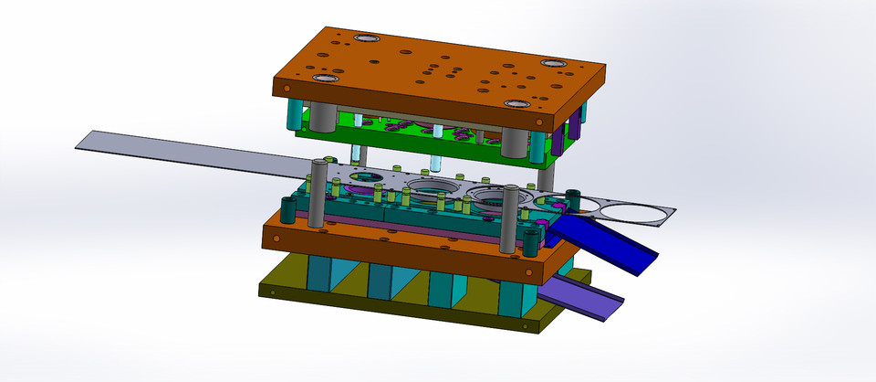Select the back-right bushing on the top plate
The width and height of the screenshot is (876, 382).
[553, 63]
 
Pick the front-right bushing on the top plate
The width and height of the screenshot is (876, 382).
[516, 104]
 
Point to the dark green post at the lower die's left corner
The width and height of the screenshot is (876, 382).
[287, 210]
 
